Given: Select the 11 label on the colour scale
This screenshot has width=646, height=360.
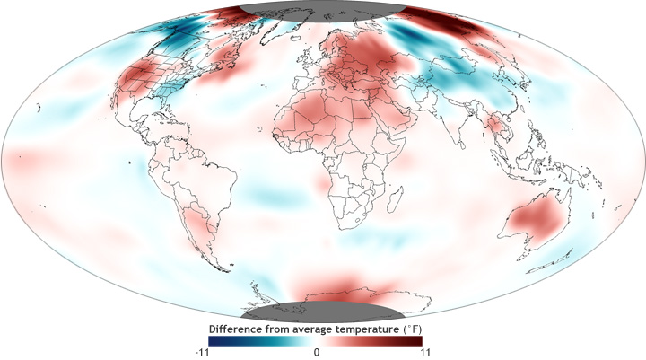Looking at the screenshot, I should (x=417, y=354).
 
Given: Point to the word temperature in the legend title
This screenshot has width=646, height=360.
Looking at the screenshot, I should (x=362, y=329).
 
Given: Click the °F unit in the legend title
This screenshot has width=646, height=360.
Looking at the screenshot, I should (x=412, y=329).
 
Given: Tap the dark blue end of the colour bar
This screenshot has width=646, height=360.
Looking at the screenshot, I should (x=212, y=341).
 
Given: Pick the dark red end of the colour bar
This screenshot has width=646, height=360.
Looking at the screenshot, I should (x=420, y=341).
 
